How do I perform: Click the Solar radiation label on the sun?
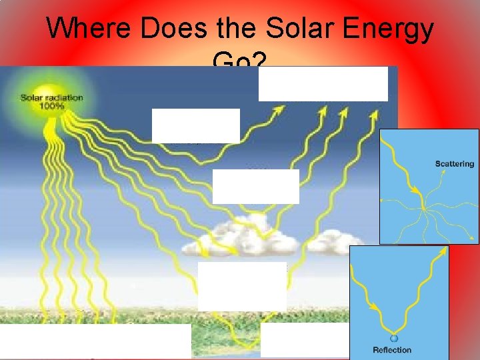click(52, 97)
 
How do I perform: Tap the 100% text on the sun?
click(51, 106)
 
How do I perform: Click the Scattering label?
click(454, 164)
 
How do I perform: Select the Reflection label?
click(393, 349)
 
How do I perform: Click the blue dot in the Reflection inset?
click(394, 338)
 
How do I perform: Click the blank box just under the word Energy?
click(323, 83)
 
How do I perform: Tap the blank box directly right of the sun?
click(195, 125)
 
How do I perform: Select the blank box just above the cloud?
click(255, 186)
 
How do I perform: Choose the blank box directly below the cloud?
click(242, 286)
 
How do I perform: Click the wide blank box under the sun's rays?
click(95, 341)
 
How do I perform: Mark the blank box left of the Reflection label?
click(305, 341)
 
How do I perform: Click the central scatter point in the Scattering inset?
click(422, 194)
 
